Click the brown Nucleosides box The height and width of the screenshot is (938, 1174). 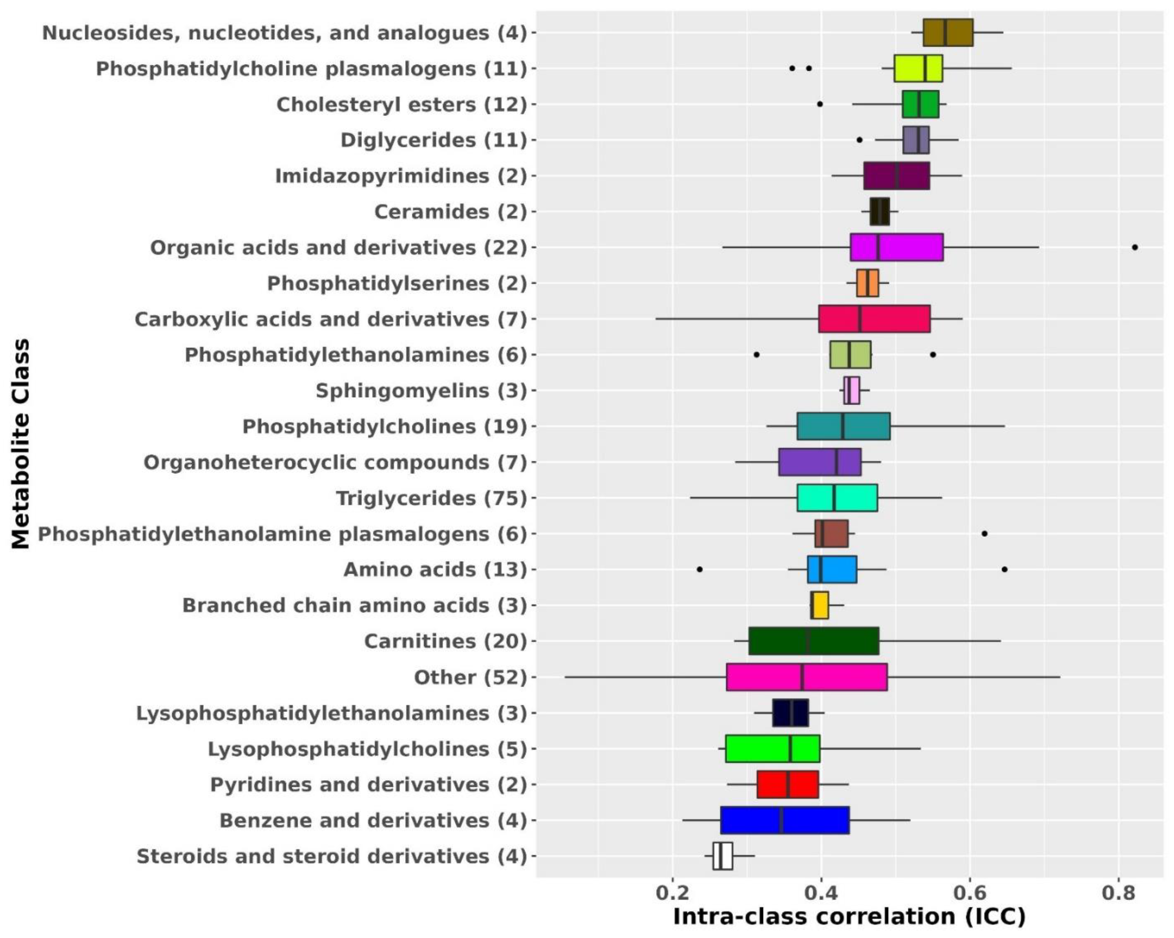(x=947, y=33)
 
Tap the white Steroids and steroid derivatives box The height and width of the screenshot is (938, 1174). (x=723, y=856)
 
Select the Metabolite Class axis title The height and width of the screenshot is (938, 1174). (x=21, y=444)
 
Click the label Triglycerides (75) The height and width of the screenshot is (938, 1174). (x=431, y=498)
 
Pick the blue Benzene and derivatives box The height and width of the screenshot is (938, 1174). (x=785, y=820)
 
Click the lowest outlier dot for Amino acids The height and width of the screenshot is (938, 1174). (x=700, y=569)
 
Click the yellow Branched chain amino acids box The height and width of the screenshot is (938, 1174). (x=820, y=605)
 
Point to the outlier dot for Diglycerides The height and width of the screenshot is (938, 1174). (x=859, y=140)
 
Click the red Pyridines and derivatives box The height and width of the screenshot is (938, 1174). (x=787, y=784)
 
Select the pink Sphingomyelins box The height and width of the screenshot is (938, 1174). (x=852, y=390)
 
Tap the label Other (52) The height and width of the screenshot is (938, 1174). (x=470, y=677)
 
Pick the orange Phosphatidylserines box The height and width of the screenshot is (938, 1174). (x=867, y=283)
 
